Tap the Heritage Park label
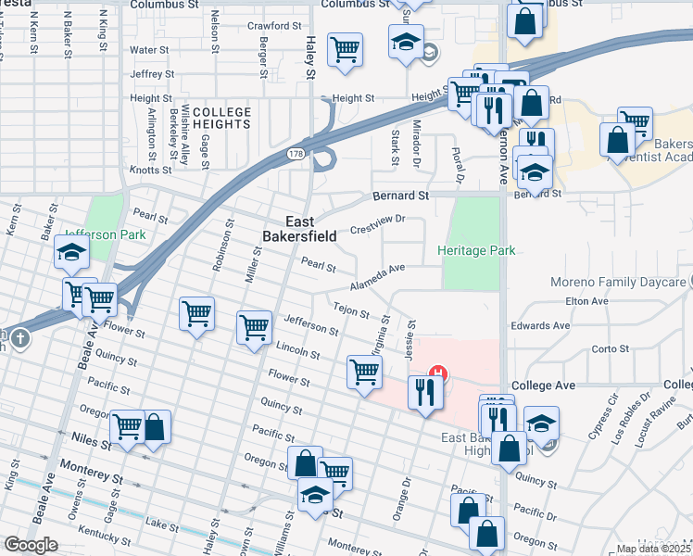click(x=476, y=250)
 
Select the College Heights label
click(x=221, y=118)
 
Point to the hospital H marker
click(x=440, y=375)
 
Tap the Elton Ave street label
click(x=586, y=301)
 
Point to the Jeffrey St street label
click(x=152, y=73)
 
